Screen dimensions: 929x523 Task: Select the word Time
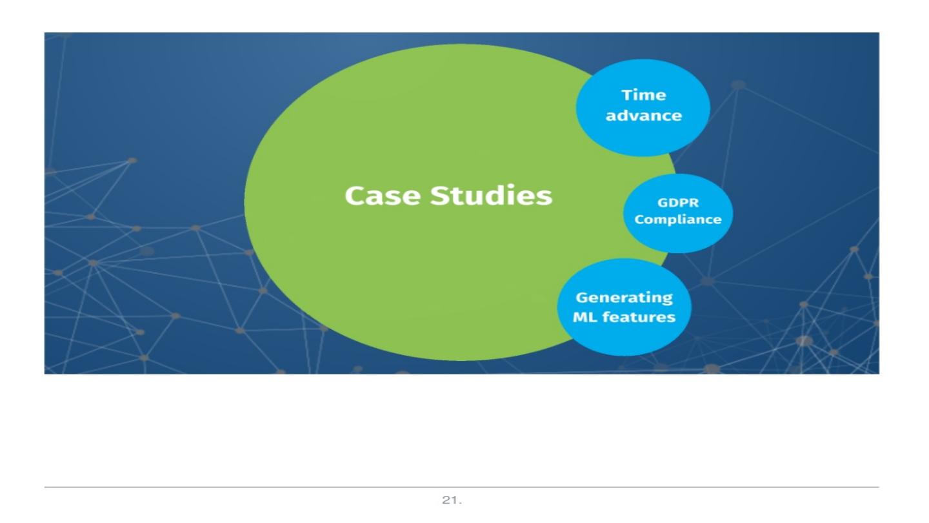click(643, 96)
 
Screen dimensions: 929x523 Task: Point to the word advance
click(643, 116)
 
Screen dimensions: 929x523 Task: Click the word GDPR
click(677, 203)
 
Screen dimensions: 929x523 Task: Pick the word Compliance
click(677, 220)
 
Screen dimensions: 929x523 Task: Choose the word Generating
click(623, 298)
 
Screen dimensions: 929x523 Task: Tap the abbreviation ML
click(585, 318)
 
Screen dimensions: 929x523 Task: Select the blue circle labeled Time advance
click(643, 136)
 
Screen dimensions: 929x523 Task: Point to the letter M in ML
click(580, 318)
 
